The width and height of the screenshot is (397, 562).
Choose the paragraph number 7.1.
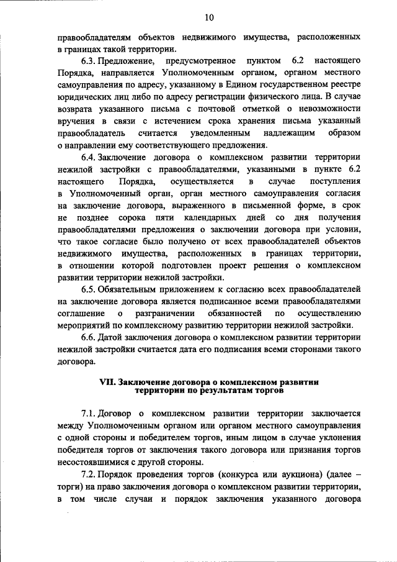point(90,413)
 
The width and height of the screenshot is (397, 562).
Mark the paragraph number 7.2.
point(90,473)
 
